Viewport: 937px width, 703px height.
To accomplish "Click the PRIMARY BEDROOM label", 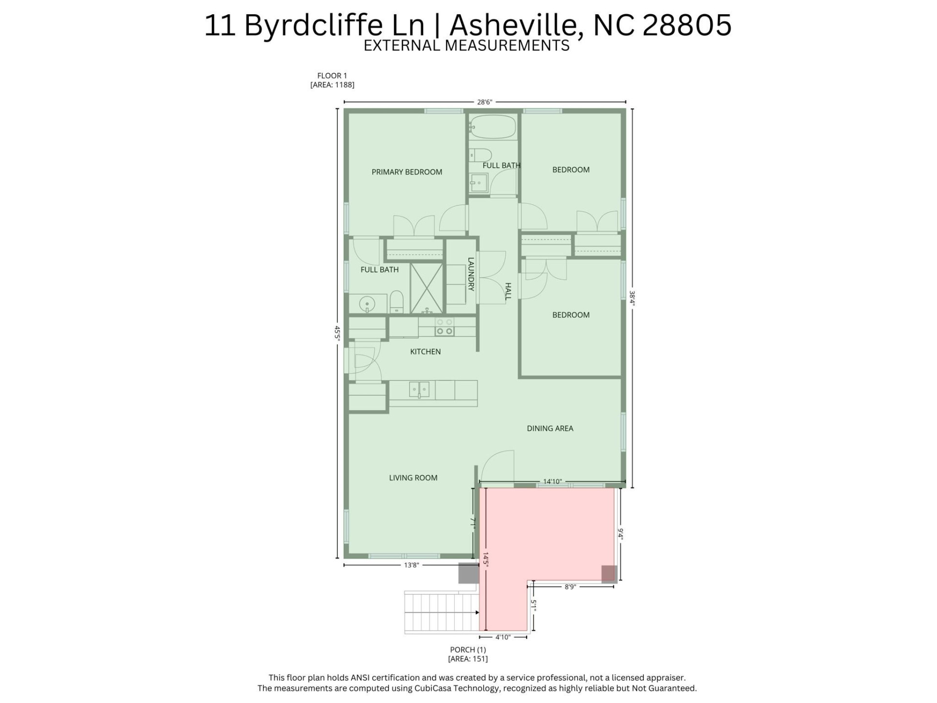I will [407, 172].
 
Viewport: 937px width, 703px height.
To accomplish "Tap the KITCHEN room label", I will [425, 351].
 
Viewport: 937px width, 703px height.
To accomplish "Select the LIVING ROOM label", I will [413, 478].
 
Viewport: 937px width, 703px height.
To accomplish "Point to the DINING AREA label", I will [550, 428].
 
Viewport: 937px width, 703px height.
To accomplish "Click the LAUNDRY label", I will [471, 274].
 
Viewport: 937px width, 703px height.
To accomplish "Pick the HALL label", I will [508, 291].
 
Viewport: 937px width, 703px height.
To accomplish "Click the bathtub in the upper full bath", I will [493, 127].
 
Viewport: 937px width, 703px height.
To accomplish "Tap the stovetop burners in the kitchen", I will [444, 327].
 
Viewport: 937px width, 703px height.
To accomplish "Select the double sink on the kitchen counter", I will [419, 390].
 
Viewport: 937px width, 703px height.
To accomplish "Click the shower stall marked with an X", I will [427, 288].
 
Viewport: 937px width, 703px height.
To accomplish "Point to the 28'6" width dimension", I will [485, 102].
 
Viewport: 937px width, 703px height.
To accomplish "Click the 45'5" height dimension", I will [337, 333].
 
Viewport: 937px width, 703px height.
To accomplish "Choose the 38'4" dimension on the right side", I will [632, 298].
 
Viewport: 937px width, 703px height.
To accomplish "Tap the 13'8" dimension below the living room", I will [411, 565].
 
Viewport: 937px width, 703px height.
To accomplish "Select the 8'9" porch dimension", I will [570, 587].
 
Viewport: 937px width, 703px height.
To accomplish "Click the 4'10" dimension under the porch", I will [503, 637].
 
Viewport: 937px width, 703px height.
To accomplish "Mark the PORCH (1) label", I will [468, 650].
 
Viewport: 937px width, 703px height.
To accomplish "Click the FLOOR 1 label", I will [332, 76].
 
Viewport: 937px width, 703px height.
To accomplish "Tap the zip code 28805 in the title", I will [687, 25].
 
